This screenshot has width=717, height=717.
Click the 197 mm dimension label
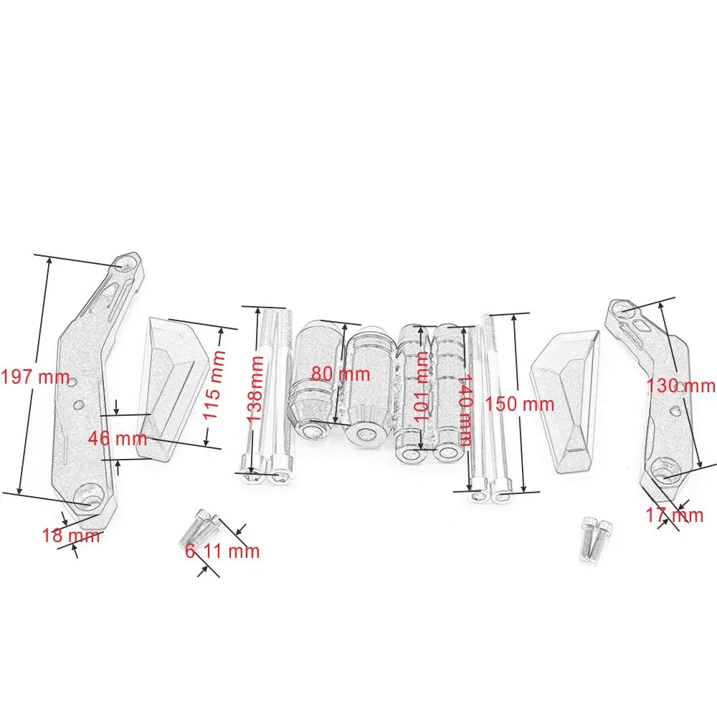pyautogui.click(x=35, y=377)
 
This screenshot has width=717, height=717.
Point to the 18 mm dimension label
pyautogui.click(x=71, y=535)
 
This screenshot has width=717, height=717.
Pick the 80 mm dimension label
pyautogui.click(x=341, y=374)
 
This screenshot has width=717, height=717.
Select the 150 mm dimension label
pyautogui.click(x=520, y=404)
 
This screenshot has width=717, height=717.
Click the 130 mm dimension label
pyautogui.click(x=680, y=386)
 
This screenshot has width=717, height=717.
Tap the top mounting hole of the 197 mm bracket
pyautogui.click(x=128, y=264)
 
